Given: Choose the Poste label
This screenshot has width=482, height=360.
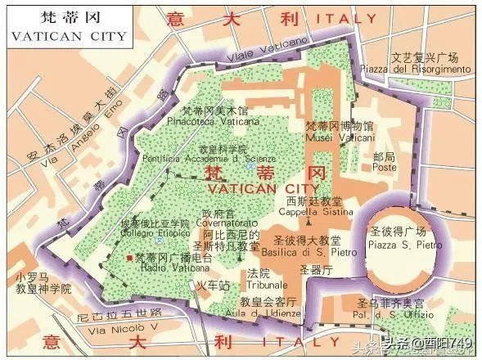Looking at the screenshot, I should pyautogui.click(x=361, y=166).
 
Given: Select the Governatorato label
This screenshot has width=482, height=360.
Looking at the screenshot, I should pyautogui.click(x=223, y=224).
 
